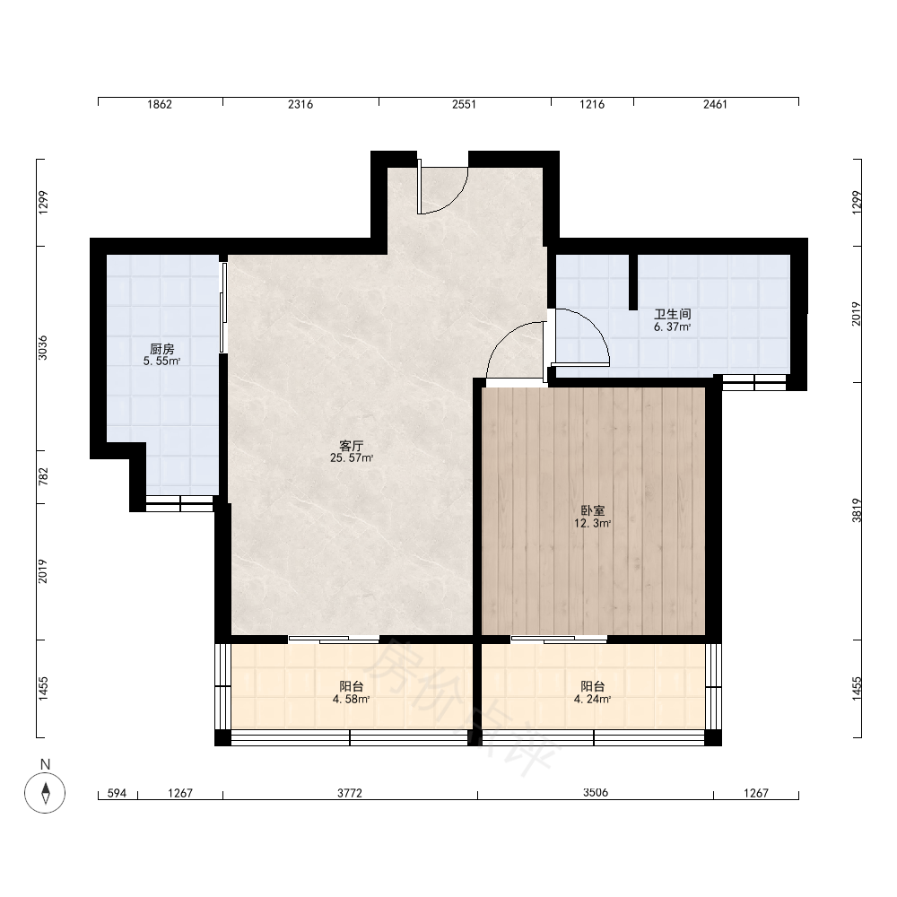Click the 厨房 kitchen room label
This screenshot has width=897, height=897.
161,348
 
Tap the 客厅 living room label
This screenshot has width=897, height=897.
352,446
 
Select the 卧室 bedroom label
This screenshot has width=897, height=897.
593,510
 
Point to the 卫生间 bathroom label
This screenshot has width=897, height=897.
672,314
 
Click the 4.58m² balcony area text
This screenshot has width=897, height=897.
352,699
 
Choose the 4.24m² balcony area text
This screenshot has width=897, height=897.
593,699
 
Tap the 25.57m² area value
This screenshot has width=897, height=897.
352,457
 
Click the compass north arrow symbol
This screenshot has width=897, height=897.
45,793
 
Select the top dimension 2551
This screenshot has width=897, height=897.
464,104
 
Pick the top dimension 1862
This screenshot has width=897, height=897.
160,104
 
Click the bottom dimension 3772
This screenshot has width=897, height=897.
350,793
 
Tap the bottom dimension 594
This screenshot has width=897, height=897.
117,793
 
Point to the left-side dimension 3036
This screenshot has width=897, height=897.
43,348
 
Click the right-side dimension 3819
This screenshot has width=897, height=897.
857,510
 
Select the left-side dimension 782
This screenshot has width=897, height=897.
43,476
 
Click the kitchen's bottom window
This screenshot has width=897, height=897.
179,503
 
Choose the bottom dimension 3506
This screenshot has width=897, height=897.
596,793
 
